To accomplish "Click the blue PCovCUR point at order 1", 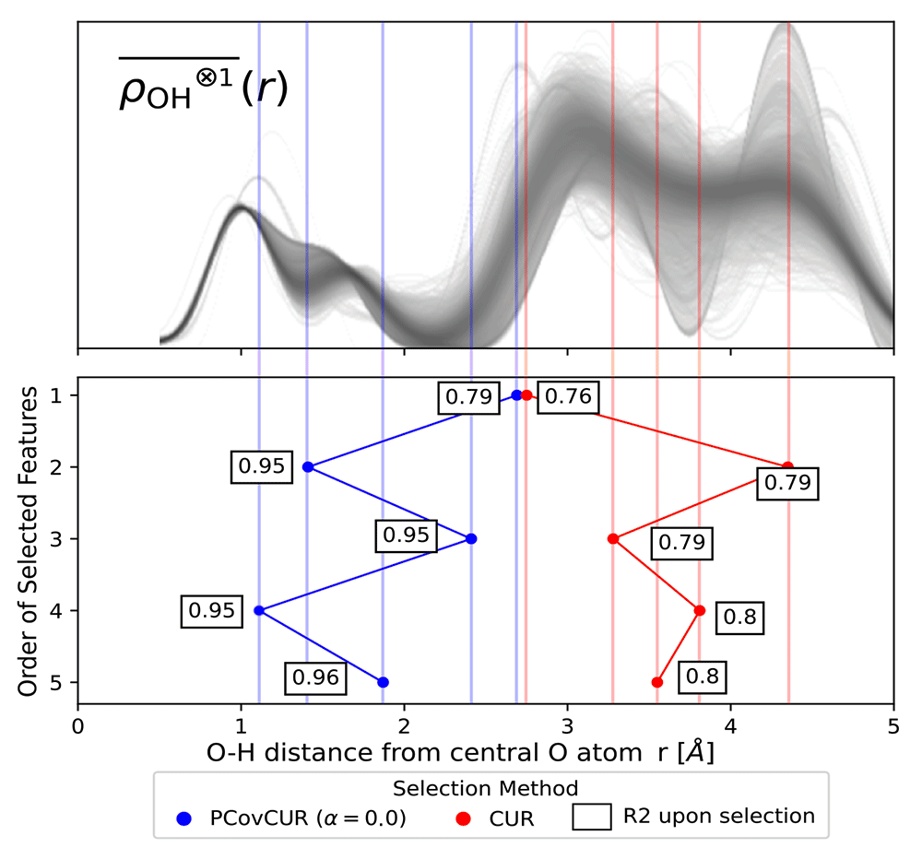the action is (x=517, y=395).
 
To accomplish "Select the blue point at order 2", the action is (x=308, y=467).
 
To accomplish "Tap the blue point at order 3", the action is (x=471, y=538).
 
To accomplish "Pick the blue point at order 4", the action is (x=259, y=610).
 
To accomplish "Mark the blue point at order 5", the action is (x=383, y=682).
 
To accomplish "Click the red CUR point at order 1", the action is (x=526, y=395).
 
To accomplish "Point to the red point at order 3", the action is (x=613, y=538).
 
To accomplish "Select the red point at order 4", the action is (x=700, y=610).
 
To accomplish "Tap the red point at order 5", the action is (x=657, y=682).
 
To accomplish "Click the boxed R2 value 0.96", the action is (x=315, y=678).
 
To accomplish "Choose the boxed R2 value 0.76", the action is (x=568, y=397).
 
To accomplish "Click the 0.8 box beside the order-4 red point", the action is (x=739, y=618).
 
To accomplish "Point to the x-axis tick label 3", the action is (x=567, y=726).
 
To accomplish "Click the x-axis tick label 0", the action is (x=77, y=726).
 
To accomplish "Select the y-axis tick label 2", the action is (x=56, y=467).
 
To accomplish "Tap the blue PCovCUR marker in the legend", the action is (x=184, y=818).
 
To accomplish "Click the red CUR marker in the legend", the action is (x=464, y=818).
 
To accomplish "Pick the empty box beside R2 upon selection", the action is (x=592, y=818).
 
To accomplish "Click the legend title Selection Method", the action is (x=486, y=788).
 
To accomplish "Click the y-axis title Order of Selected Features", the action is (x=28, y=542).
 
